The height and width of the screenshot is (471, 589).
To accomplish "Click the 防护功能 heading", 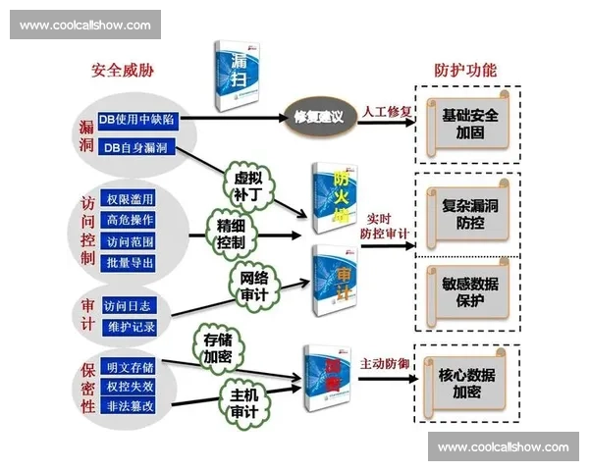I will tap(465, 72).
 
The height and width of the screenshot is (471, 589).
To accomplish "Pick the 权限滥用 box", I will tap(129, 199).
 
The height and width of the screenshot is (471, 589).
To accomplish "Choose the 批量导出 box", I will tap(129, 262).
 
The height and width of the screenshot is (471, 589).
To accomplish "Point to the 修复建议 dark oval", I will tap(318, 117).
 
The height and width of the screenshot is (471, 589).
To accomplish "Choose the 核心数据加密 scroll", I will tap(465, 382).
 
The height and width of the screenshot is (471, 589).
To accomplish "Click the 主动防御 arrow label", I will tap(384, 362).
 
